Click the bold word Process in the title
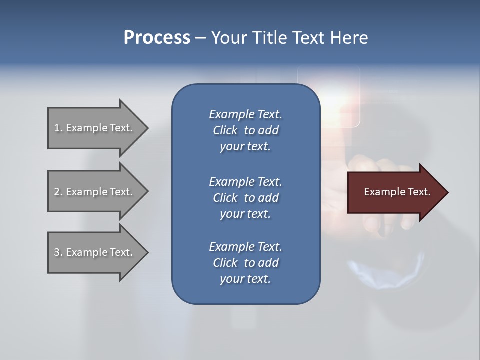157,38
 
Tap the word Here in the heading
348,38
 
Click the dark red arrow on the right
395,192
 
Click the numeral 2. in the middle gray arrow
58,192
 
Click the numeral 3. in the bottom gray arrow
58,252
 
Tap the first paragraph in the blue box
245,130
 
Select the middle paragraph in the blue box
245,197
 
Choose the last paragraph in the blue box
245,263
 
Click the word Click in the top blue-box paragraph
225,130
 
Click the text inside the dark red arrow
397,192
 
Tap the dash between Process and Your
200,38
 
